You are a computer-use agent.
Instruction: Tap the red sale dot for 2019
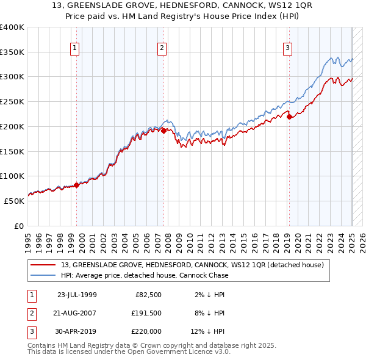pos(289,117)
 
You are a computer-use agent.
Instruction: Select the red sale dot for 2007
pos(164,129)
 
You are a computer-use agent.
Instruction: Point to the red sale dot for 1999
pos(76,184)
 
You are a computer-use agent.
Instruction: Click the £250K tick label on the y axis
pos(12,101)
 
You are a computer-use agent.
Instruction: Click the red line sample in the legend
pos(44,265)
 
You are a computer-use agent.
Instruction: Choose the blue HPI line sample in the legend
pos(44,275)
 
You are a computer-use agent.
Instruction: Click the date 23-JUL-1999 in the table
pos(76,294)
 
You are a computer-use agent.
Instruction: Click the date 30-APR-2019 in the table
pos(76,331)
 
